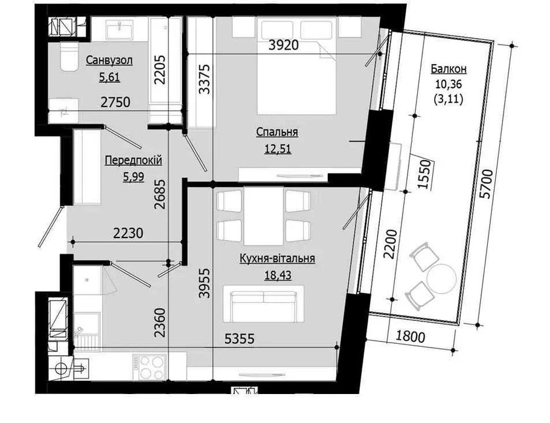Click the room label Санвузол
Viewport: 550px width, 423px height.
(x=109, y=60)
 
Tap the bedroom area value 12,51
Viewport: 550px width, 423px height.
(x=278, y=149)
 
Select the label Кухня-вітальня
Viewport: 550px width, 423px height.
(x=277, y=259)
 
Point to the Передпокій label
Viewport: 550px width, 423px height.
(x=133, y=160)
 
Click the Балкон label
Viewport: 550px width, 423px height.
(x=449, y=69)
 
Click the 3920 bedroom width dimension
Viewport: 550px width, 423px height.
(x=283, y=45)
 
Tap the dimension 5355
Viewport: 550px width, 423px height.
(x=239, y=339)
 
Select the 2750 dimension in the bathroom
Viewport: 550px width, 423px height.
(x=115, y=102)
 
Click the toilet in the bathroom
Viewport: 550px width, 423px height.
(x=69, y=57)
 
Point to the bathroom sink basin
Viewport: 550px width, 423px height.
(x=120, y=28)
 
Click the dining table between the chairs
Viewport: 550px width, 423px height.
(x=263, y=216)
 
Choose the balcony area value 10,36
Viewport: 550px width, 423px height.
(x=449, y=84)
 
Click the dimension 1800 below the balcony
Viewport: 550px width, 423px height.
(x=411, y=337)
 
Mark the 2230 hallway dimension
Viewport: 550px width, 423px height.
(x=129, y=233)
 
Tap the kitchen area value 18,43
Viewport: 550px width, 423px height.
(x=278, y=275)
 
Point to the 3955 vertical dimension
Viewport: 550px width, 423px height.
(x=204, y=283)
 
